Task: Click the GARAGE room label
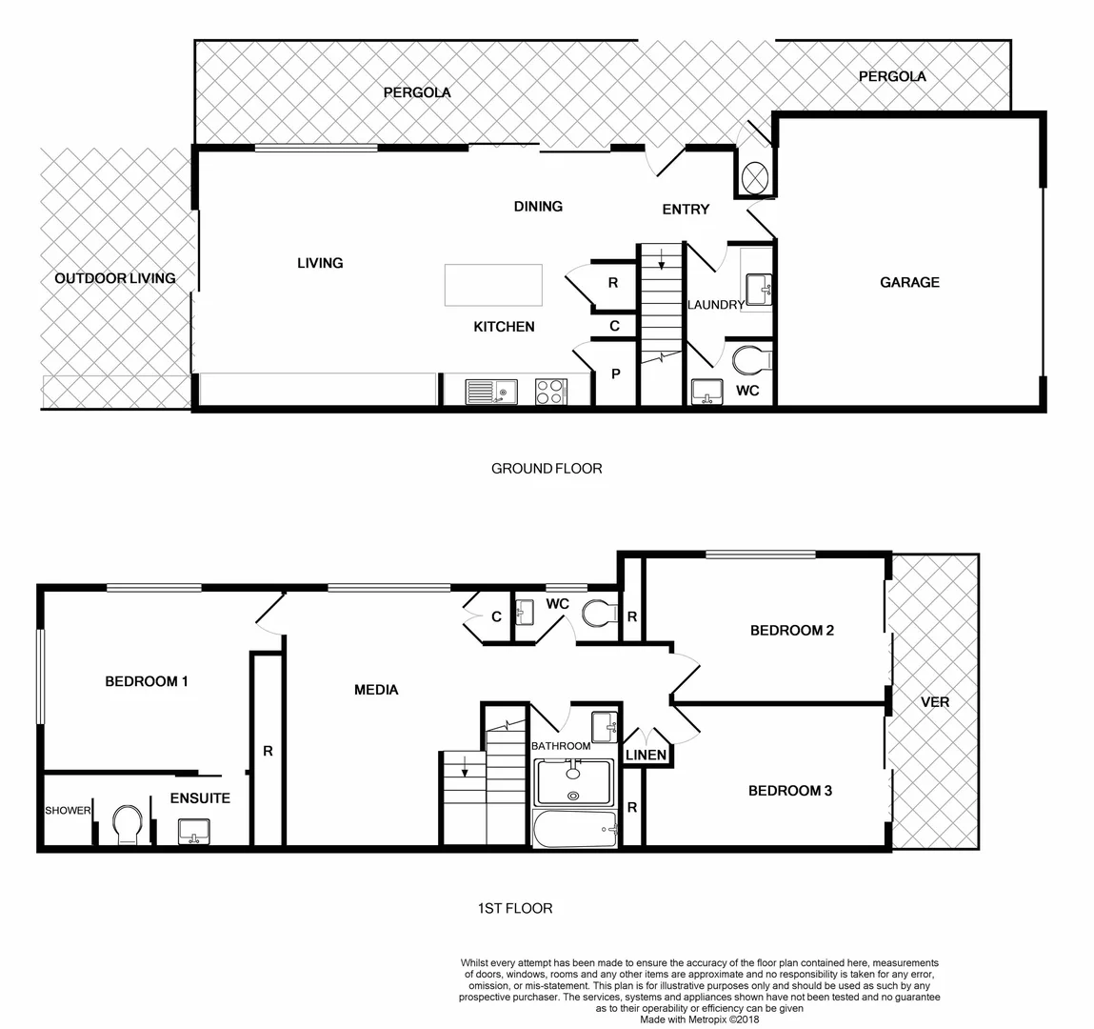(909, 282)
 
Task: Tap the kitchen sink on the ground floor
(490, 392)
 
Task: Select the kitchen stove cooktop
(550, 392)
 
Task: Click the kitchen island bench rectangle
(493, 285)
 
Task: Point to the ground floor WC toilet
(753, 362)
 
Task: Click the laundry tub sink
(759, 288)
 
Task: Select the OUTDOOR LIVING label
(115, 278)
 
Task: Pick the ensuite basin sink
(194, 832)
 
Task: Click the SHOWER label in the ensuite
(68, 811)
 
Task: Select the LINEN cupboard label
(646, 756)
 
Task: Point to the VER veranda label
(935, 702)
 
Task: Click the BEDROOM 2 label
(792, 630)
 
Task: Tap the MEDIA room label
(376, 690)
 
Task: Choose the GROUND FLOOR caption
(547, 468)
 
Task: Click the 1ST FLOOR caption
(514, 908)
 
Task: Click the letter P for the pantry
(615, 374)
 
